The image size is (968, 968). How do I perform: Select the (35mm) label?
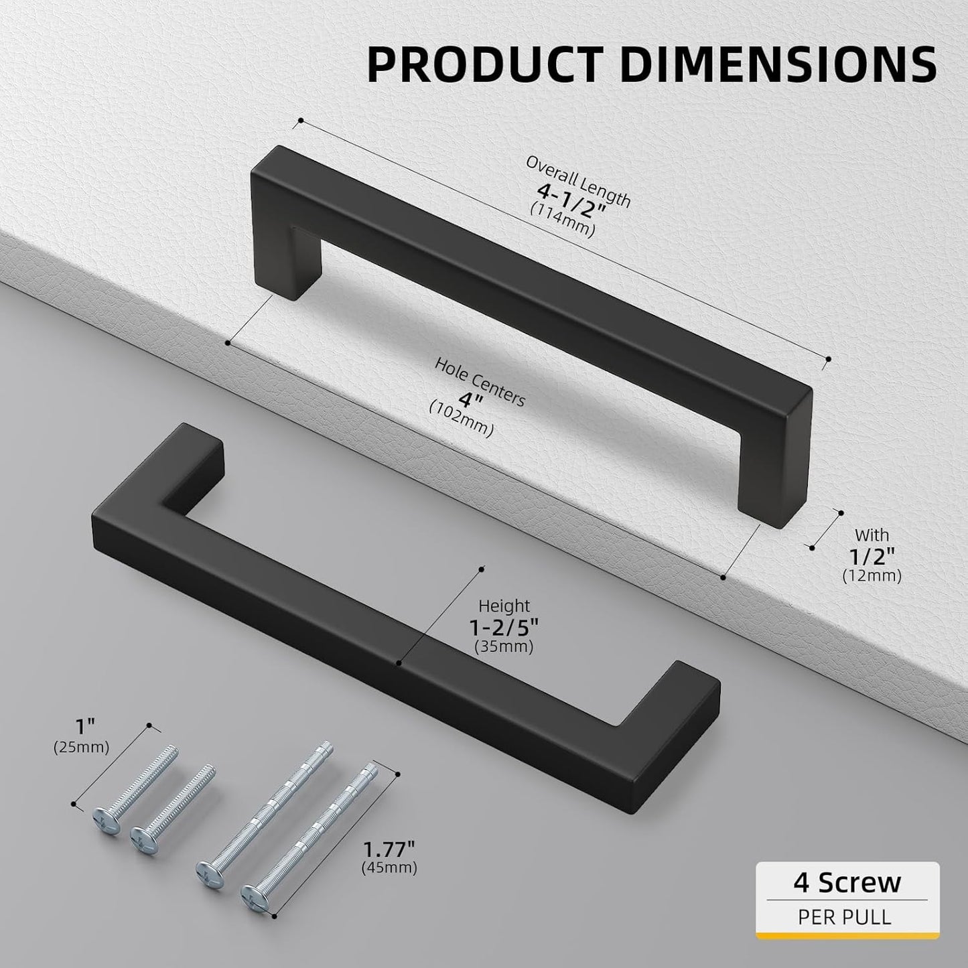pos(504,647)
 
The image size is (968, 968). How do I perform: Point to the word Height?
pos(504,606)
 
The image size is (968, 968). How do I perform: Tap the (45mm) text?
pos(389,868)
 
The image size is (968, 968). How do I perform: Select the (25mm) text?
pos(81,748)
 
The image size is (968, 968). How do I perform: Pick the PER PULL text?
pos(845,916)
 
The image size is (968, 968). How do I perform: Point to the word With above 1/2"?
pos(872,535)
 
